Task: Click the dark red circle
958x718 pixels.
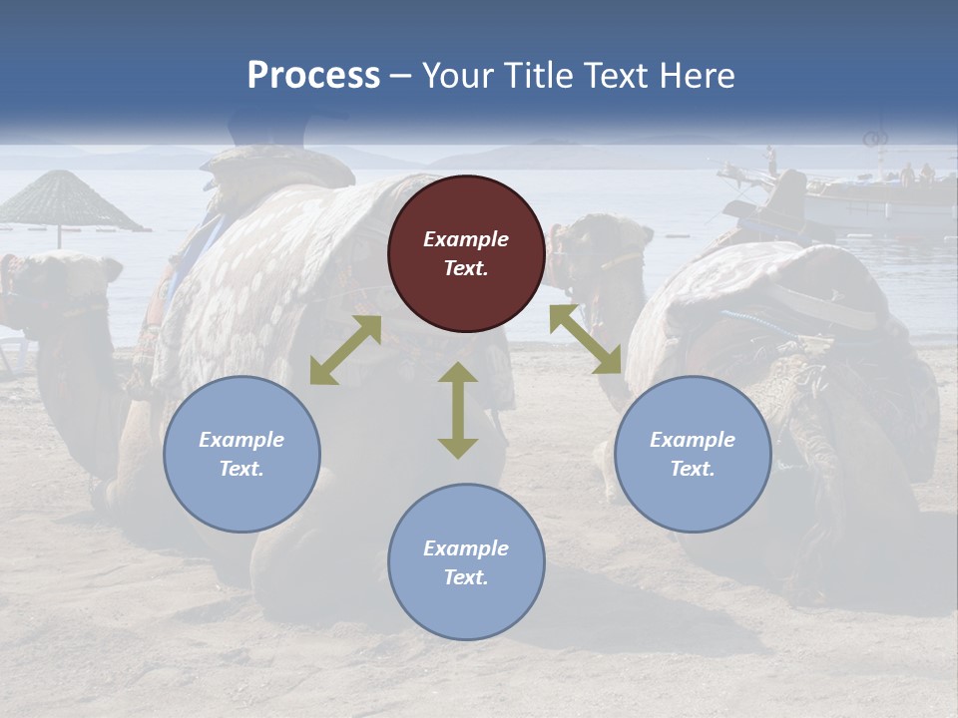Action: [466, 253]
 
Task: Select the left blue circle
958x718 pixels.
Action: [241, 454]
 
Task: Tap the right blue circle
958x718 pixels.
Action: [693, 454]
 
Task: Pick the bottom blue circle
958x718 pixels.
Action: [466, 562]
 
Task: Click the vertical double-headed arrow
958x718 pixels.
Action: [458, 410]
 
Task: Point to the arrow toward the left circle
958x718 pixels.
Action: [345, 350]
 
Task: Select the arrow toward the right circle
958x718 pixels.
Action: [586, 339]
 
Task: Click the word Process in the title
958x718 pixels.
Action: [313, 76]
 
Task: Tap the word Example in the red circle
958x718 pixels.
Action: [466, 239]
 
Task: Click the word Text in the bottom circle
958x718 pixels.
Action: [466, 577]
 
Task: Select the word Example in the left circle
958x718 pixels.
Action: [241, 440]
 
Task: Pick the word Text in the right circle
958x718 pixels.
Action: [693, 469]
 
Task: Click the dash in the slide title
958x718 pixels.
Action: [401, 76]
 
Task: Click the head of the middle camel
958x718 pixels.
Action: [599, 249]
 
